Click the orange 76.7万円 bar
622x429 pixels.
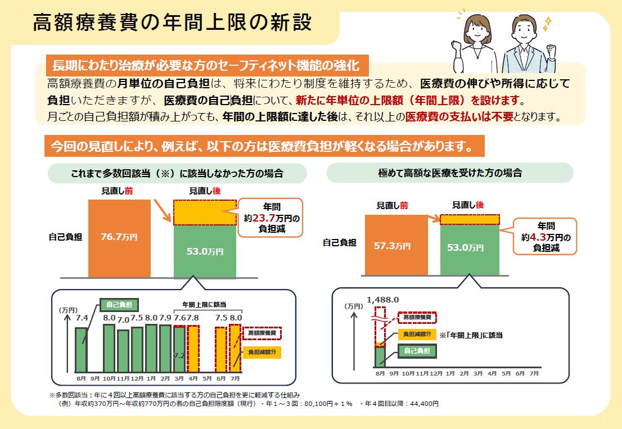point(119,238)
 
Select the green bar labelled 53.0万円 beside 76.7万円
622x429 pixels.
point(205,251)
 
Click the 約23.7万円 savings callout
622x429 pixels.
point(272,218)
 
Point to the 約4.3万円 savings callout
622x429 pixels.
point(546,237)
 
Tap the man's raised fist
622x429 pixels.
point(551,51)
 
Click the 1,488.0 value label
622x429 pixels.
point(383,300)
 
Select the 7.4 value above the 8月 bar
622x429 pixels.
point(82,318)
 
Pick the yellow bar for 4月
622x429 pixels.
point(193,349)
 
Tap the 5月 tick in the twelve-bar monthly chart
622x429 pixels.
point(207,378)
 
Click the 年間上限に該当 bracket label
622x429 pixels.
point(204,305)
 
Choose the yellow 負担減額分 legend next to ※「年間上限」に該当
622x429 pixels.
point(417,334)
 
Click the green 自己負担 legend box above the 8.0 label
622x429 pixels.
point(119,305)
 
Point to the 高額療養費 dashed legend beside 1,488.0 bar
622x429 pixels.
point(417,318)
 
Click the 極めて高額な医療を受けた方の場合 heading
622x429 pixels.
point(450,173)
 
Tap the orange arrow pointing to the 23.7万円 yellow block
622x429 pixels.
point(163,211)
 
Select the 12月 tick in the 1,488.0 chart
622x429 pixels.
point(436,373)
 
